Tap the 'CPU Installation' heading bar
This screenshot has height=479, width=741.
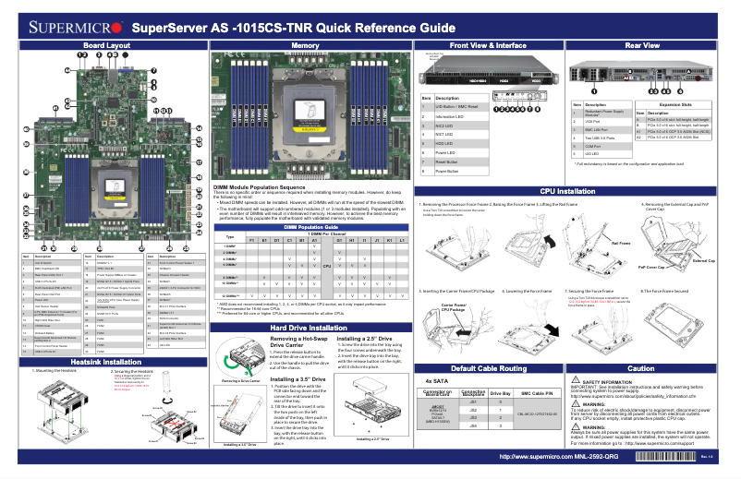(567, 191)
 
